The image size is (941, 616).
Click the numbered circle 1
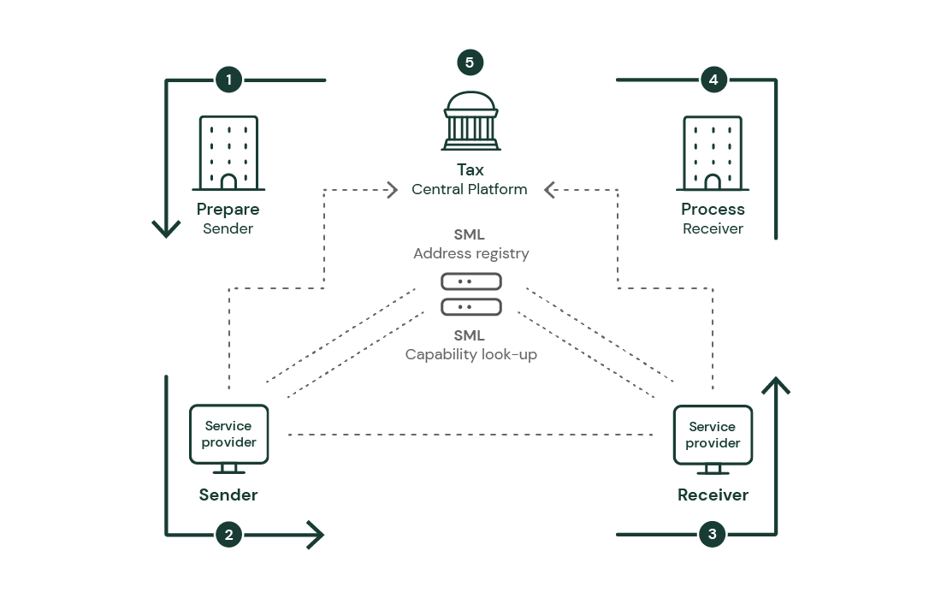pyautogui.click(x=228, y=80)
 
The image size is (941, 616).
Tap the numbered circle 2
pyautogui.click(x=228, y=536)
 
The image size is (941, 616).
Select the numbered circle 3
pyautogui.click(x=713, y=536)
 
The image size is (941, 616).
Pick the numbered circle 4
pyautogui.click(x=713, y=80)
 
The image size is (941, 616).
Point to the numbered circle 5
pyautogui.click(x=470, y=62)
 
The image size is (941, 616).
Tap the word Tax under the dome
pyautogui.click(x=470, y=170)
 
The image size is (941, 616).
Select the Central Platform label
pyautogui.click(x=470, y=189)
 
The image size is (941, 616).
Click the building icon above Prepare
pyautogui.click(x=228, y=152)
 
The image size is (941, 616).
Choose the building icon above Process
pyautogui.click(x=713, y=152)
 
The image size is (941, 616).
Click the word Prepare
pyautogui.click(x=228, y=210)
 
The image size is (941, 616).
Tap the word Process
pyautogui.click(x=713, y=210)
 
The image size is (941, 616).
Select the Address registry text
pyautogui.click(x=470, y=253)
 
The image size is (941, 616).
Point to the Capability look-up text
pyautogui.click(x=470, y=354)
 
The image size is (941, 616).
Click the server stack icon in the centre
pyautogui.click(x=470, y=293)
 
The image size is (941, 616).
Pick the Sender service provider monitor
pyautogui.click(x=228, y=436)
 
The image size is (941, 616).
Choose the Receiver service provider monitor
pyautogui.click(x=713, y=437)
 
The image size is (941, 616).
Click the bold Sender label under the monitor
pyautogui.click(x=228, y=495)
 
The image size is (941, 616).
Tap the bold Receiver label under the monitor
pyautogui.click(x=713, y=495)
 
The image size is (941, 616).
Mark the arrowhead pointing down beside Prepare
pyautogui.click(x=166, y=228)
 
